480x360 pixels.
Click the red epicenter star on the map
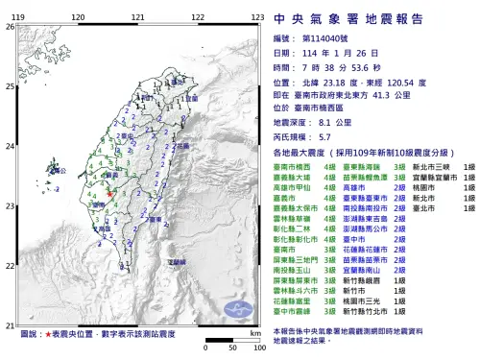pos(108,195)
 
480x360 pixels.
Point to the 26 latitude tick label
pos(10,26)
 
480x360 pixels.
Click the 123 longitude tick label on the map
pos(257,18)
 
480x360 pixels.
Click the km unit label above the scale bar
pos(253,332)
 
